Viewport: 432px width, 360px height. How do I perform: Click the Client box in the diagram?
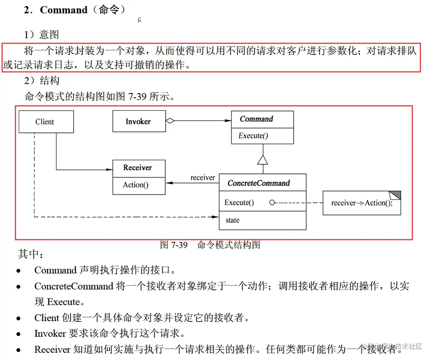[x=46, y=122]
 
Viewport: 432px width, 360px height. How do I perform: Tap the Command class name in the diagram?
[x=256, y=119]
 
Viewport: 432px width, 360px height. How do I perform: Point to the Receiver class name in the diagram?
[x=137, y=168]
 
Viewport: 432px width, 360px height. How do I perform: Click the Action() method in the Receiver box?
[x=135, y=185]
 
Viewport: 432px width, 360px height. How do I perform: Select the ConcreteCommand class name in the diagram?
[x=259, y=183]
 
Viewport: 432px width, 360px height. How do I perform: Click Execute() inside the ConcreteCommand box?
[x=239, y=203]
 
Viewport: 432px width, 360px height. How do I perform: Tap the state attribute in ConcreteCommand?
[x=232, y=220]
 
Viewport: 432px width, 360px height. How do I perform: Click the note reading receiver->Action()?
[x=361, y=203]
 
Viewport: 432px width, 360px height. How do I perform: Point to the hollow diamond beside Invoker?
[x=170, y=121]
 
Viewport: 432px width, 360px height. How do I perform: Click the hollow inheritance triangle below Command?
[x=263, y=159]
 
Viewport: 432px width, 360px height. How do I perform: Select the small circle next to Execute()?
[x=272, y=202]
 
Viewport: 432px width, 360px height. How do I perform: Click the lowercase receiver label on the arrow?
[x=203, y=178]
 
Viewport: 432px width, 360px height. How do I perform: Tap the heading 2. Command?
[x=74, y=10]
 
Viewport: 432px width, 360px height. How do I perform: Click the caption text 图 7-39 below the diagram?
[x=174, y=245]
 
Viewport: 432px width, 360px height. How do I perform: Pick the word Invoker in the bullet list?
[x=50, y=334]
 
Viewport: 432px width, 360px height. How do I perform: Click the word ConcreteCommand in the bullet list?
[x=74, y=286]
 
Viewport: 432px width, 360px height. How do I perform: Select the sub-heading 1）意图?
[x=42, y=35]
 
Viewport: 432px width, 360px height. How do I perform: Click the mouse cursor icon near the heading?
[x=140, y=20]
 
